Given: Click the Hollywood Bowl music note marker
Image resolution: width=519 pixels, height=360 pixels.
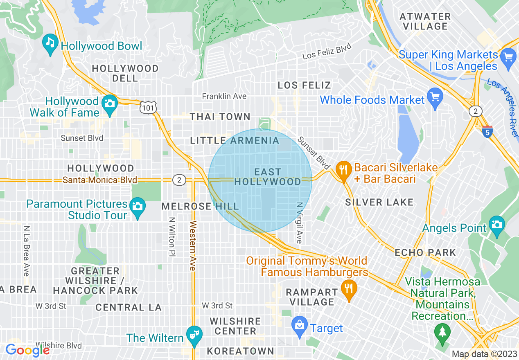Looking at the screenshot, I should (x=50, y=43).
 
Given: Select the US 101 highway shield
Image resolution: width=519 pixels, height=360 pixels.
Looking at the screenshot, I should (x=147, y=108).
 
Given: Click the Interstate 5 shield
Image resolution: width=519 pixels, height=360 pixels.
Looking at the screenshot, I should (x=487, y=132).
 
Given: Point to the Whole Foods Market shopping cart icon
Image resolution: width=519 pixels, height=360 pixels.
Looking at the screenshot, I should (x=435, y=97).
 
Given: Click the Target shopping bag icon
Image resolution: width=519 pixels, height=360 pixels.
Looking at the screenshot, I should (x=300, y=326).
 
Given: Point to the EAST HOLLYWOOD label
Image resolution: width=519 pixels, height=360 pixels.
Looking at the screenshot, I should (x=268, y=177).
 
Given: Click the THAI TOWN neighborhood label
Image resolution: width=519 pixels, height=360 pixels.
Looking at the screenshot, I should (x=220, y=117).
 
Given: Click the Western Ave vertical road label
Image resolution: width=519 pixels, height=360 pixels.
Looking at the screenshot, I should (x=192, y=245).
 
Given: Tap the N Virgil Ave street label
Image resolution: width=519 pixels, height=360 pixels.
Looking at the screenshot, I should (x=299, y=223).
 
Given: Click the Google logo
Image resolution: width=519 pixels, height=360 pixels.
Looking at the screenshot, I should (x=27, y=350).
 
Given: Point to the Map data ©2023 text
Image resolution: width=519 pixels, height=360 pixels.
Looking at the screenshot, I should (x=484, y=354).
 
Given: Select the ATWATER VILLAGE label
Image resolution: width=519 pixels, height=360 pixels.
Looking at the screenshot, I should (x=425, y=21).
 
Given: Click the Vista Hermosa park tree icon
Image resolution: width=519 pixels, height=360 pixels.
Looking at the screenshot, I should (x=442, y=332).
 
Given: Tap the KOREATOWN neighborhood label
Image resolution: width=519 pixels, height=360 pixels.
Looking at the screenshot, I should (x=240, y=351).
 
